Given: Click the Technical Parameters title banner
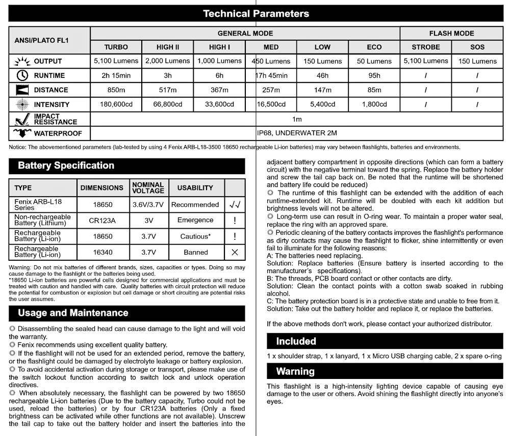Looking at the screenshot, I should pyautogui.click(x=256, y=14).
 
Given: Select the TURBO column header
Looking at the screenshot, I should pyautogui.click(x=116, y=47).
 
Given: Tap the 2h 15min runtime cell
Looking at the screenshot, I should pyautogui.click(x=116, y=75).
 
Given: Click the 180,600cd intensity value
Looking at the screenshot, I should pyautogui.click(x=116, y=104).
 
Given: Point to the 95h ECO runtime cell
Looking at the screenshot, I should pyautogui.click(x=374, y=75).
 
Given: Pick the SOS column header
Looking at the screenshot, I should pyautogui.click(x=477, y=47).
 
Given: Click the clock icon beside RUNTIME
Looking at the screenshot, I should pyautogui.click(x=21, y=75).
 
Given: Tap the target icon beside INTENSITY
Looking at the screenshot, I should pyautogui.click(x=21, y=104).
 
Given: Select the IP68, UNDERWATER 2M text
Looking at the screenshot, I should pyautogui.click(x=297, y=133).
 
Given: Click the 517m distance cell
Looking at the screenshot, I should pyautogui.click(x=168, y=90).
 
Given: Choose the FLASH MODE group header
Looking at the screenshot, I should pyautogui.click(x=451, y=33).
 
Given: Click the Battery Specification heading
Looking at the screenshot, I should pyautogui.click(x=66, y=166).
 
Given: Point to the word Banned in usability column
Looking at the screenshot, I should pyautogui.click(x=195, y=252).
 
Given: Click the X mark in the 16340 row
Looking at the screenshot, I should pyautogui.click(x=235, y=252).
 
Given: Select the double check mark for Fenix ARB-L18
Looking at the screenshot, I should pyautogui.click(x=235, y=205).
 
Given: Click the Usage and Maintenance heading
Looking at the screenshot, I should pyautogui.click(x=73, y=313).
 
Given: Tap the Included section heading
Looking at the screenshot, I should pyautogui.click(x=296, y=341).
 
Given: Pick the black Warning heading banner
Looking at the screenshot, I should pyautogui.click(x=295, y=371).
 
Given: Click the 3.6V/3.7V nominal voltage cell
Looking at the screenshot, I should pyautogui.click(x=148, y=205).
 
